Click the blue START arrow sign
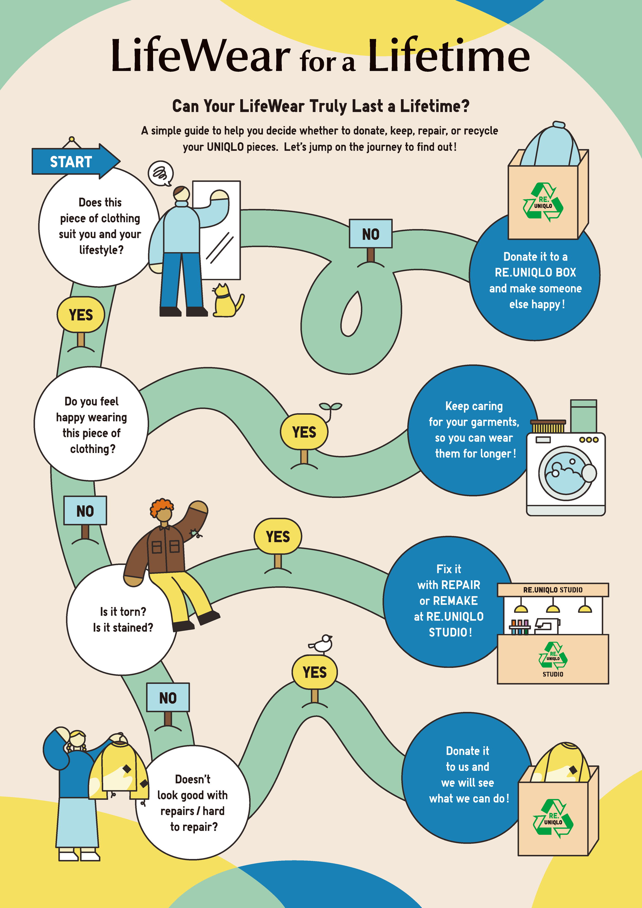tap(75, 161)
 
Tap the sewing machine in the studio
tap(547, 625)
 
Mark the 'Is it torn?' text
tap(123, 612)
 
